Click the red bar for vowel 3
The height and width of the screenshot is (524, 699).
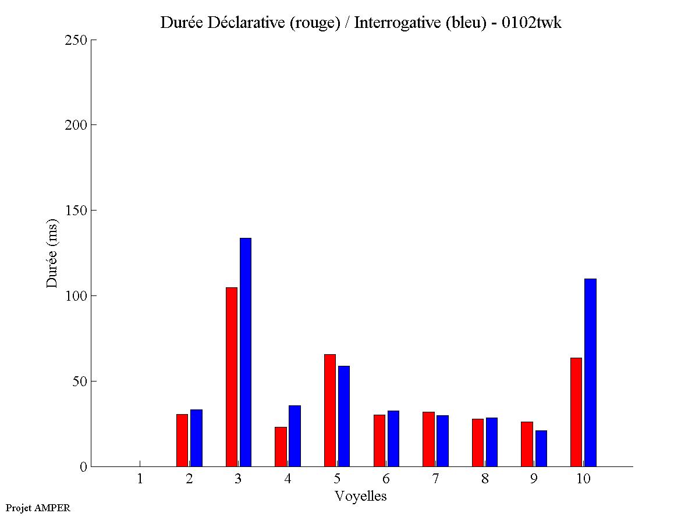pyautogui.click(x=231, y=377)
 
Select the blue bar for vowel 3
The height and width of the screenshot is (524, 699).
pyautogui.click(x=246, y=352)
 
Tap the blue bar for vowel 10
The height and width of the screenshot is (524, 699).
pyautogui.click(x=590, y=372)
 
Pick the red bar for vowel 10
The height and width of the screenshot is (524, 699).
pyautogui.click(x=576, y=412)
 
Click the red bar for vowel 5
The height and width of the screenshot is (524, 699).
pyautogui.click(x=330, y=410)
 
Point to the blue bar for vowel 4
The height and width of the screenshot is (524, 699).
pyautogui.click(x=294, y=436)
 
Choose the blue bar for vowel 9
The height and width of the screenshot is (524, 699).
pyautogui.click(x=541, y=448)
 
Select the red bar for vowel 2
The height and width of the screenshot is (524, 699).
pyautogui.click(x=182, y=440)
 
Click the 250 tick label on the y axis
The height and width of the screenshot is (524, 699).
pyautogui.click(x=76, y=40)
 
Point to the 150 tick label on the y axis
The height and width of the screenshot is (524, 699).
pyautogui.click(x=76, y=211)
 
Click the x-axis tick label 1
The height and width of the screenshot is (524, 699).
pyautogui.click(x=140, y=479)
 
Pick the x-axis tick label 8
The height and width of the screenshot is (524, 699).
pyautogui.click(x=485, y=479)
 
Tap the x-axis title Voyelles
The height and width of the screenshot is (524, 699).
pyautogui.click(x=361, y=496)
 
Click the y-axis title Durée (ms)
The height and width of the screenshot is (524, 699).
pyautogui.click(x=52, y=253)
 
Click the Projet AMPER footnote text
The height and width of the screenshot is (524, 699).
pyautogui.click(x=38, y=508)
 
